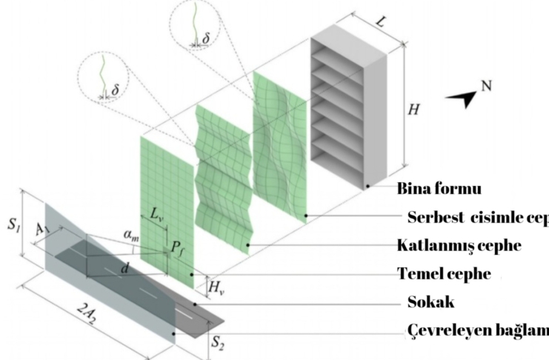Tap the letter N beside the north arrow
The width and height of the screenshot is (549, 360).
(x=486, y=87)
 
